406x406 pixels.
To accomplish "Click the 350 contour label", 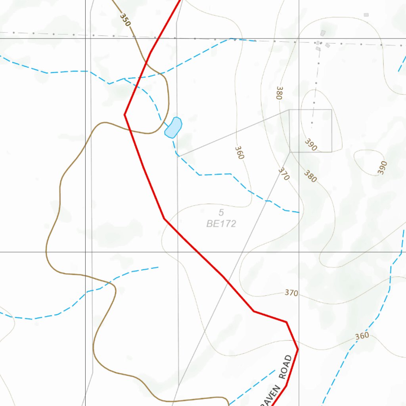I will [x=124, y=19].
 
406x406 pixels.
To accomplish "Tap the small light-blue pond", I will [x=173, y=127].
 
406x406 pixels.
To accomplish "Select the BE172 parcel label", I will [x=221, y=224].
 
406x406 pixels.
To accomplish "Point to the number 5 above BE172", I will [x=221, y=213].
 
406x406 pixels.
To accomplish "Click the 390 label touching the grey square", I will [x=311, y=145].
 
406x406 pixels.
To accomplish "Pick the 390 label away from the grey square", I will [x=382, y=167].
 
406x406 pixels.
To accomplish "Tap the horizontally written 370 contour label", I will [x=291, y=293].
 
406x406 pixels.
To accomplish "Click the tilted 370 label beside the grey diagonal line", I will [x=283, y=174].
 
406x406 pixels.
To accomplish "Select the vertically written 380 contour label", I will [x=280, y=93].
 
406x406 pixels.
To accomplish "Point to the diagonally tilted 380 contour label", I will [x=310, y=176].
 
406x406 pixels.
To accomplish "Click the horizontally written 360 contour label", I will [x=362, y=336].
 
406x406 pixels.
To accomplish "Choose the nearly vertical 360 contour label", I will [x=239, y=152].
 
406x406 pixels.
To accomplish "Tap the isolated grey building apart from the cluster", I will [x=366, y=15].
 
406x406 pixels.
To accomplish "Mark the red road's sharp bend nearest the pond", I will [x=125, y=114].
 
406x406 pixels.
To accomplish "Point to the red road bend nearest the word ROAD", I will [x=297, y=349].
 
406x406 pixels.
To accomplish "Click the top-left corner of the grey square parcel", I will [x=289, y=110].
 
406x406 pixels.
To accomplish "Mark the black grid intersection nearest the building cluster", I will [x=299, y=38].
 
